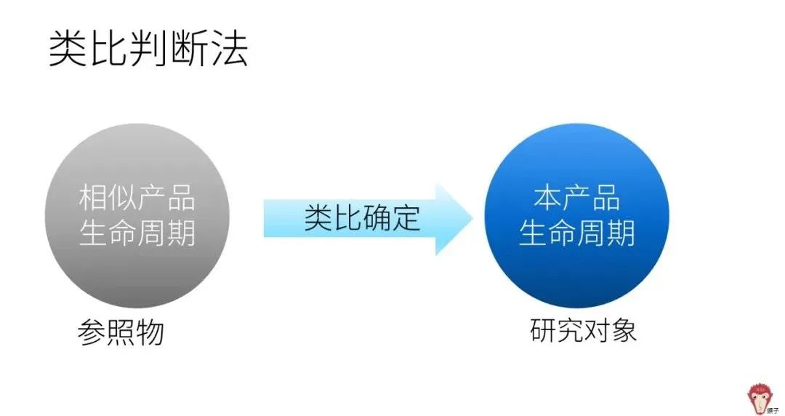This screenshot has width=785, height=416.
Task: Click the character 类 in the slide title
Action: [x=68, y=49]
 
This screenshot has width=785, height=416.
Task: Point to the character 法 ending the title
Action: [x=228, y=49]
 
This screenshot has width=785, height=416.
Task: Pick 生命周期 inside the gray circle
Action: [x=137, y=233]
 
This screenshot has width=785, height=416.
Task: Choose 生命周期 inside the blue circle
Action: [x=576, y=233]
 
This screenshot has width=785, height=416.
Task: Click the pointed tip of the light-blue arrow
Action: [x=472, y=218]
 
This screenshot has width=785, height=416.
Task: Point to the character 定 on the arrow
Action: [x=406, y=217]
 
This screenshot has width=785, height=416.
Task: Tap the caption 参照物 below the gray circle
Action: [x=121, y=332]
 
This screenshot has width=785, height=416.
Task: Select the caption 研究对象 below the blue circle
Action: [x=584, y=329]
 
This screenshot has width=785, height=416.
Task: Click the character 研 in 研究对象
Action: [x=544, y=329]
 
